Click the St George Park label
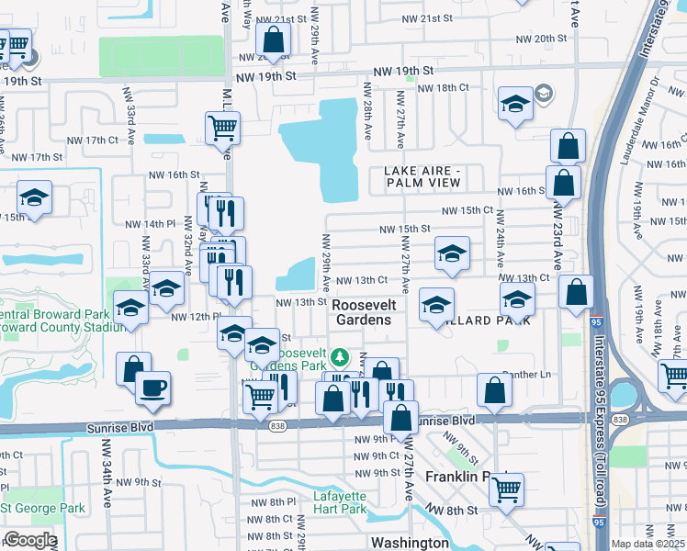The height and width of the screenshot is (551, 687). (43, 508)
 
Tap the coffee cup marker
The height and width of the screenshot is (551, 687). (153, 387)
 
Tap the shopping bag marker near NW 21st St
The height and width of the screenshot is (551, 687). (274, 39)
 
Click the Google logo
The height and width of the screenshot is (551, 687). (29, 540)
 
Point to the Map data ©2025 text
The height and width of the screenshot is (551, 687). (648, 544)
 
